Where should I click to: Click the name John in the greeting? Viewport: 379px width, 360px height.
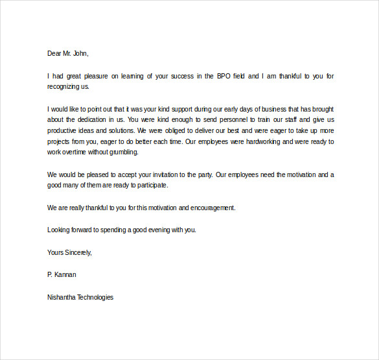80,53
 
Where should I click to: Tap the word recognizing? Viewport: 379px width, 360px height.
65,86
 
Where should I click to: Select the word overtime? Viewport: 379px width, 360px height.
78,152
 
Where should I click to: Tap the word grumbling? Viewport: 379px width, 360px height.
123,152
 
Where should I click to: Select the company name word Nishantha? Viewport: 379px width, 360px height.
62,297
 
